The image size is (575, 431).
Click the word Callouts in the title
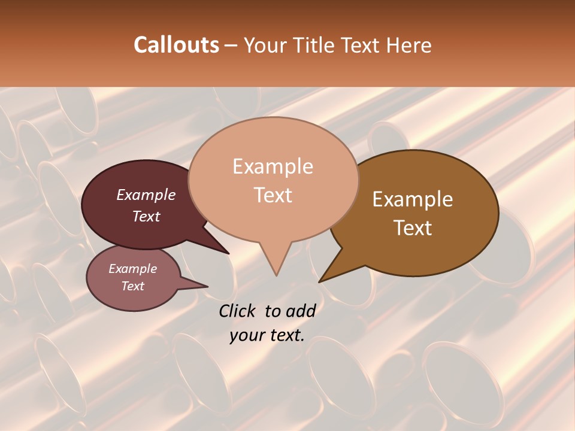pos(176,45)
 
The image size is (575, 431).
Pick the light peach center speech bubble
pos(273,221)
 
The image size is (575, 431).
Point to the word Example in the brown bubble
pos(413,199)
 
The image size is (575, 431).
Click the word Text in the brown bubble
pos(413,227)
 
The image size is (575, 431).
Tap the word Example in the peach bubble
pos(273,166)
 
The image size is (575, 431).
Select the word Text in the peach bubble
pos(273,195)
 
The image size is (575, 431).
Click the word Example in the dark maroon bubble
pos(146,195)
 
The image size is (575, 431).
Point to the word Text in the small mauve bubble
pos(133,286)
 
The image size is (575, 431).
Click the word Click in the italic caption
pos(238,311)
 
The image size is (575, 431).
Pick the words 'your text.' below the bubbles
pos(267,335)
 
